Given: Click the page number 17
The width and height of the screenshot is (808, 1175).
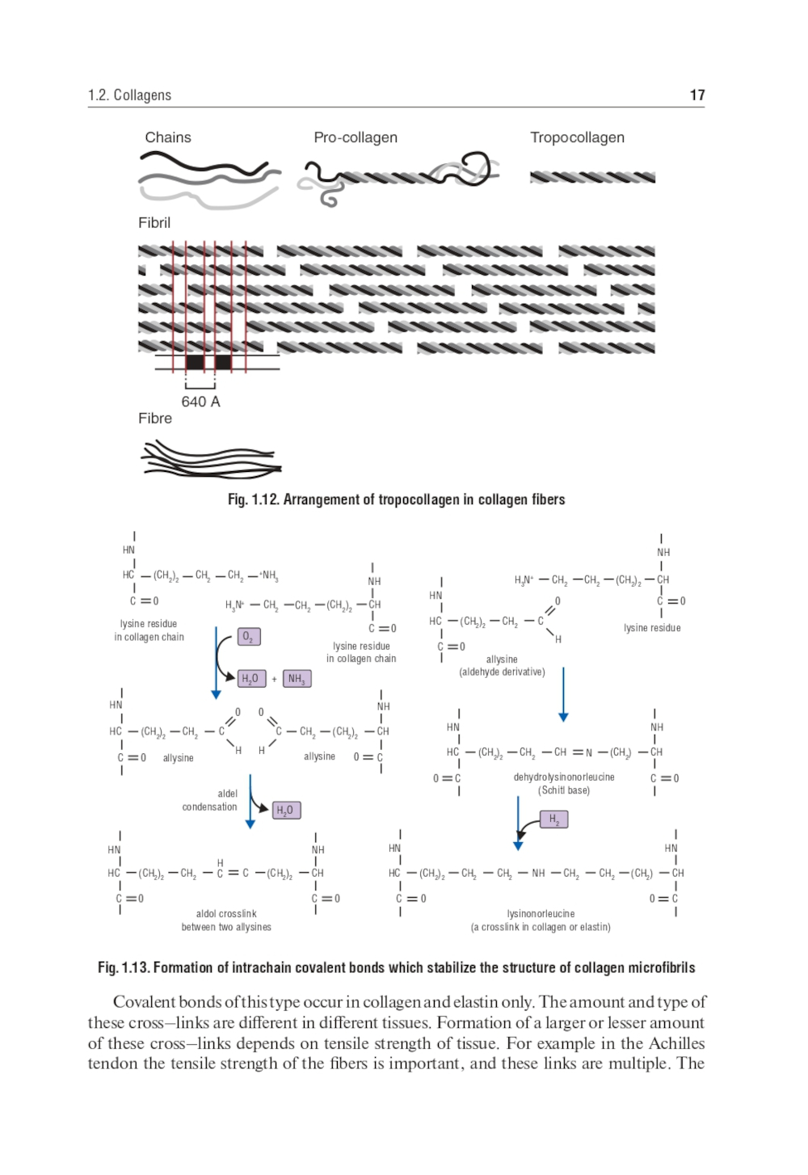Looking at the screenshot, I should point(697,95).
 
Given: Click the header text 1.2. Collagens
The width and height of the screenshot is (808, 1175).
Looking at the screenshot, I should point(129,95).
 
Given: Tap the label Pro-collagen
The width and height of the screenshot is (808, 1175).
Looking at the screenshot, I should point(356,137).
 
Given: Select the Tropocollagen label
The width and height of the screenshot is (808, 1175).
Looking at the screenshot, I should point(577,137).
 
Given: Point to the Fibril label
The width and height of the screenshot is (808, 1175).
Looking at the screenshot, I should point(154,223).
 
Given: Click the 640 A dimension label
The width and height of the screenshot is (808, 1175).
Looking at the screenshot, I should point(200,402).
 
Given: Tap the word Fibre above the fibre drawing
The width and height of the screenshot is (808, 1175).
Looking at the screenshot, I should point(155,419).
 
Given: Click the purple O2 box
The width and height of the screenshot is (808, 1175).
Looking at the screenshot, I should point(249,637).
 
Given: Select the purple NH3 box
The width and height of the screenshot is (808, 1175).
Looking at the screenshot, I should point(297,679).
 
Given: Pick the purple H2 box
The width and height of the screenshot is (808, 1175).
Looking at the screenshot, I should point(554,819).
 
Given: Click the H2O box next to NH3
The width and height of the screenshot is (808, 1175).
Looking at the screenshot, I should point(250,679).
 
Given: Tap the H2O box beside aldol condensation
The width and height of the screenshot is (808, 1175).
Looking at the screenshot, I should point(285,810).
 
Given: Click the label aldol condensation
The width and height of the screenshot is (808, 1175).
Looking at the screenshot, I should point(210,800).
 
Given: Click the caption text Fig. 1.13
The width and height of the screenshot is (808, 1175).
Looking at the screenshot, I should point(123,967).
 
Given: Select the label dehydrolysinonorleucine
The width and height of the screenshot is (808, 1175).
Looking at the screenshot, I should point(564,777).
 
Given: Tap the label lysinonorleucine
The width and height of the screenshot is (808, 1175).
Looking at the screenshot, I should point(541,914).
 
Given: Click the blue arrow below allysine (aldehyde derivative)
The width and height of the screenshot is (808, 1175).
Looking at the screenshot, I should point(563,693).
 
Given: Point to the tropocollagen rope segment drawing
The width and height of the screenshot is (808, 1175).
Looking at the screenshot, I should point(592,177).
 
